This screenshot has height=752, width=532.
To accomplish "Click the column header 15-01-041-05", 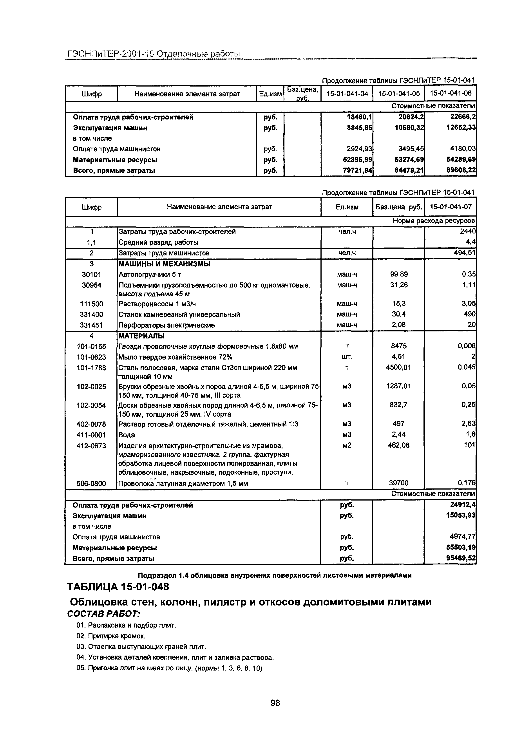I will point(399,94).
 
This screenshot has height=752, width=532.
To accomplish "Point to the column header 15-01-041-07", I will point(451,207).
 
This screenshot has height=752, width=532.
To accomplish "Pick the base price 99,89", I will point(399,275).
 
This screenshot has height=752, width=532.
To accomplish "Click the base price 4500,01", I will point(398,367).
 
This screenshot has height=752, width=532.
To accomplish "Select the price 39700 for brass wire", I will point(399,483).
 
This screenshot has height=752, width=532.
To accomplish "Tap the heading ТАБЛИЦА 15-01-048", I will point(118,587).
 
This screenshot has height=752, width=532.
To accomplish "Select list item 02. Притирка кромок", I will point(110,636).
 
